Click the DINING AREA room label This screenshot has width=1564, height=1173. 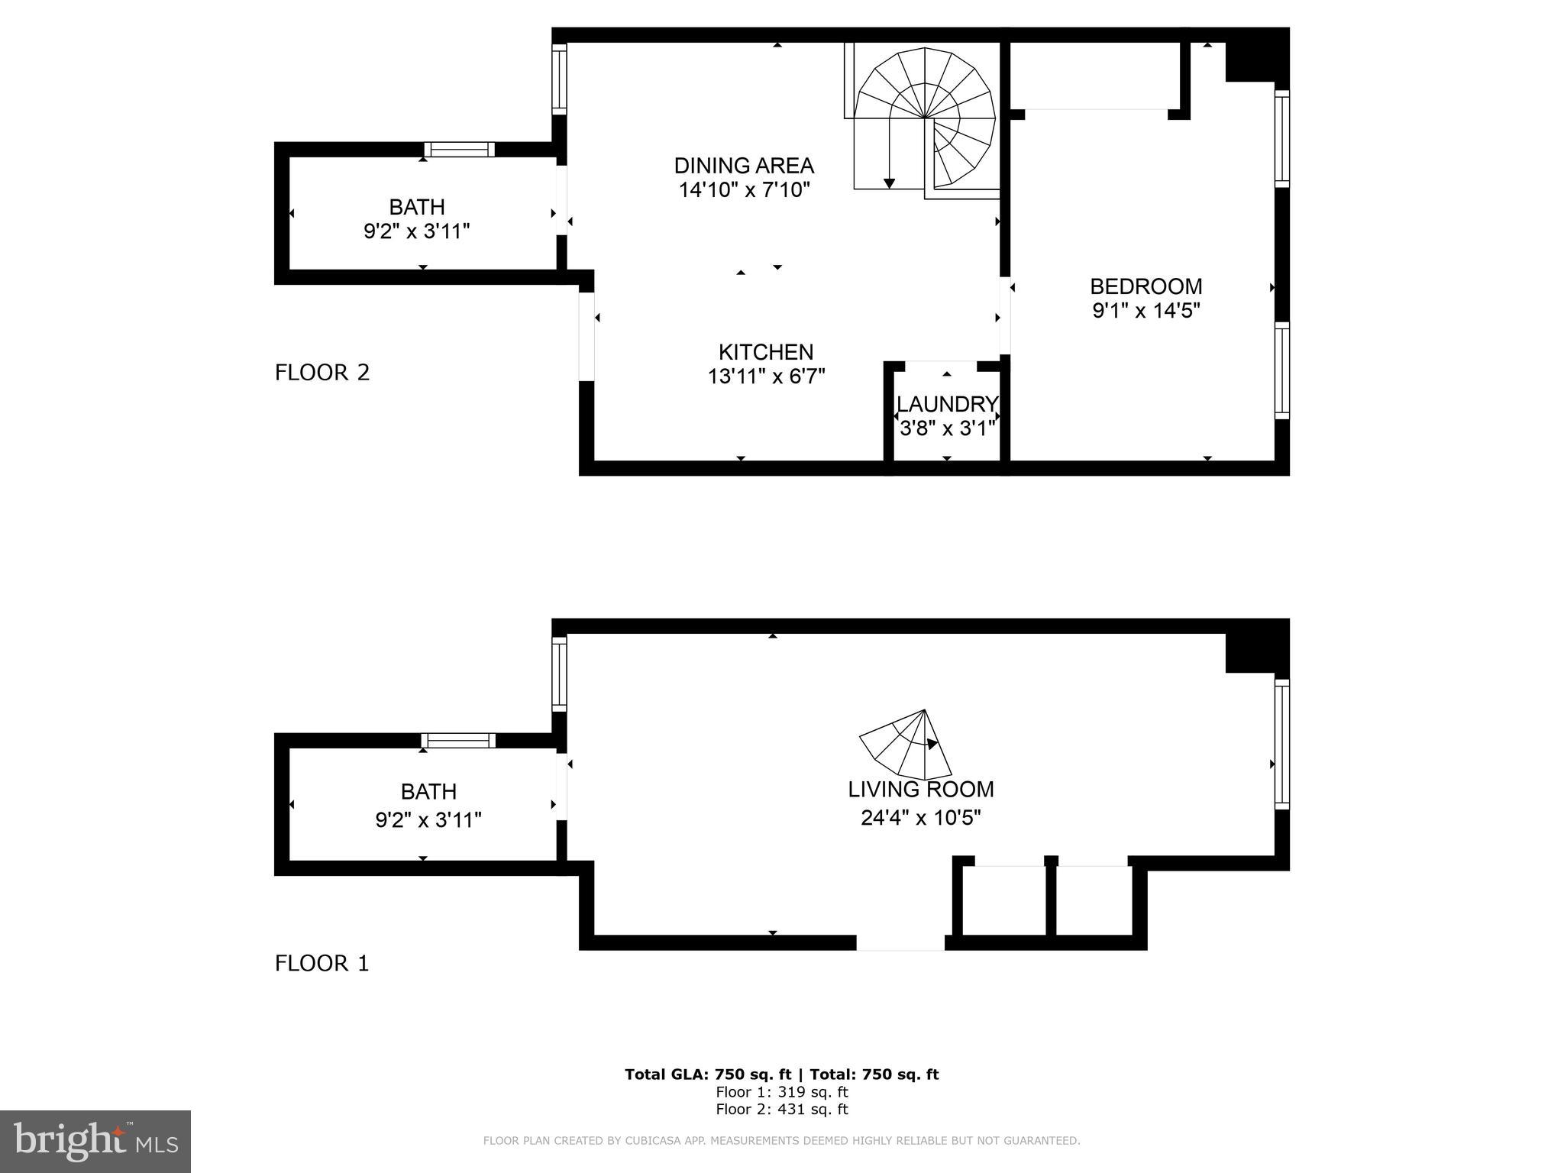(744, 165)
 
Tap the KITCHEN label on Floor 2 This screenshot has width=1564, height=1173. (766, 352)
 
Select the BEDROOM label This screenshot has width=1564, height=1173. (1146, 286)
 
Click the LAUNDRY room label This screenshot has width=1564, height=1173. (947, 404)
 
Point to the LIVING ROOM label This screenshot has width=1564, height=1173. (921, 789)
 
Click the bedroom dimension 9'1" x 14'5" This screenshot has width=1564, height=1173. (1146, 311)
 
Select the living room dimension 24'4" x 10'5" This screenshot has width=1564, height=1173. (921, 818)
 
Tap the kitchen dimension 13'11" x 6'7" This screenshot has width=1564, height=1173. (766, 376)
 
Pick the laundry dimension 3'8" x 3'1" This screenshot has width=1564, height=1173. (947, 428)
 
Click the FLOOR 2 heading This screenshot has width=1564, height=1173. (322, 373)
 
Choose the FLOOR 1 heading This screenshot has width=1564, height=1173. (322, 964)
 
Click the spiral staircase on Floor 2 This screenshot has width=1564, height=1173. (924, 118)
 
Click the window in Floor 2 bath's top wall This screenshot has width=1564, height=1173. (459, 150)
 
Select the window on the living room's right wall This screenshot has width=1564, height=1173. (1282, 745)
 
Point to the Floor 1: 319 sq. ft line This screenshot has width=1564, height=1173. (781, 1092)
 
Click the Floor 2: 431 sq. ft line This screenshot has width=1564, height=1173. (781, 1110)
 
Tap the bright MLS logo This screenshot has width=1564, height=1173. (95, 1142)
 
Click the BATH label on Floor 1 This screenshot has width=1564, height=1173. (428, 791)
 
